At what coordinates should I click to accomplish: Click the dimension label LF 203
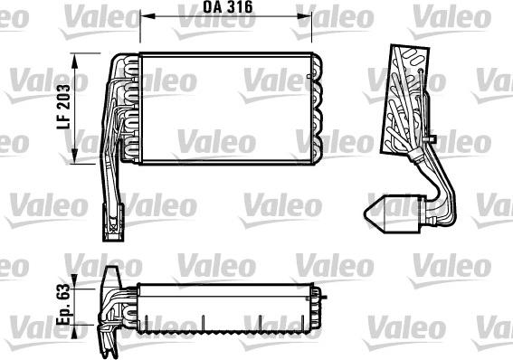[64, 110]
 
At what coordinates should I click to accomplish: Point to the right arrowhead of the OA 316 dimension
[307, 16]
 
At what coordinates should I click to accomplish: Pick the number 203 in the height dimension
[64, 97]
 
